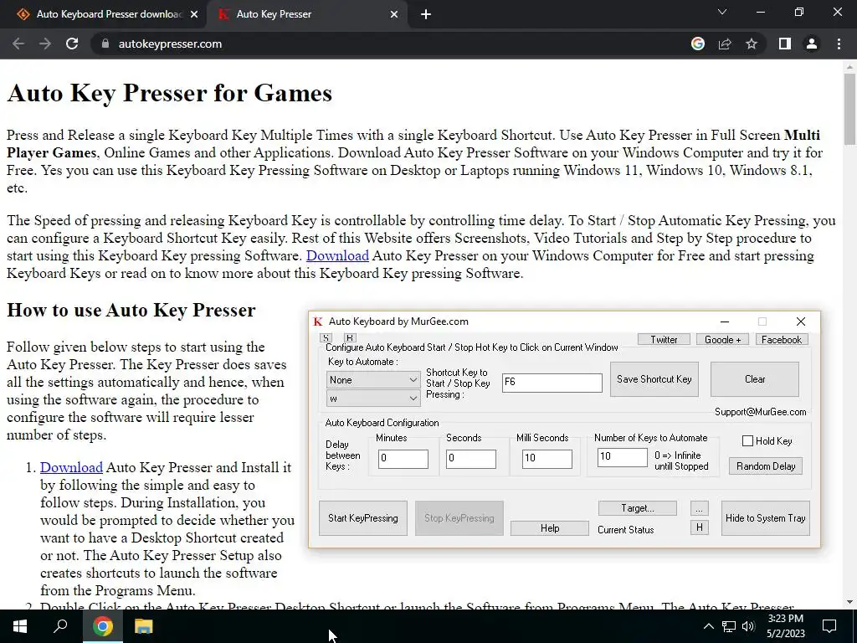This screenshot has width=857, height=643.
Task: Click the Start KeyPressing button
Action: (363, 518)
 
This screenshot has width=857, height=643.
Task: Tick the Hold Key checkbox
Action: (748, 441)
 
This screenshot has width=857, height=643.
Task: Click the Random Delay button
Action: (766, 466)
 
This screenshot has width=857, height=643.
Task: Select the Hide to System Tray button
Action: (765, 518)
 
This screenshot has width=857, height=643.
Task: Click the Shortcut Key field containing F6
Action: (552, 383)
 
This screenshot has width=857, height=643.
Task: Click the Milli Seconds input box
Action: (547, 459)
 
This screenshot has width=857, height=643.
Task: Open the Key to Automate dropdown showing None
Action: (373, 380)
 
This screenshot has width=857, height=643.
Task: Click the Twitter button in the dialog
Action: (664, 340)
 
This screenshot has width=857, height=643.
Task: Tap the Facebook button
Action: (781, 340)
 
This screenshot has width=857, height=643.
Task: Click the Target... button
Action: (637, 508)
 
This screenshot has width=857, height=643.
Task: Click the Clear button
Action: (754, 379)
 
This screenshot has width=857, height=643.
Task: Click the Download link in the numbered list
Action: (71, 468)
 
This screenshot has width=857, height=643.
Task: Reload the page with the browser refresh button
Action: (72, 44)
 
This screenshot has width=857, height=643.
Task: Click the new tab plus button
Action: (426, 14)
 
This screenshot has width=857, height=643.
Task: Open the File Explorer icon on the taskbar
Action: (144, 626)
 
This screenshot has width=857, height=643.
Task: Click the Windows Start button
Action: (20, 626)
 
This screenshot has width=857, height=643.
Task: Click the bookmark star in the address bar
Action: (752, 44)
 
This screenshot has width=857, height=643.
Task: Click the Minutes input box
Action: (403, 459)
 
